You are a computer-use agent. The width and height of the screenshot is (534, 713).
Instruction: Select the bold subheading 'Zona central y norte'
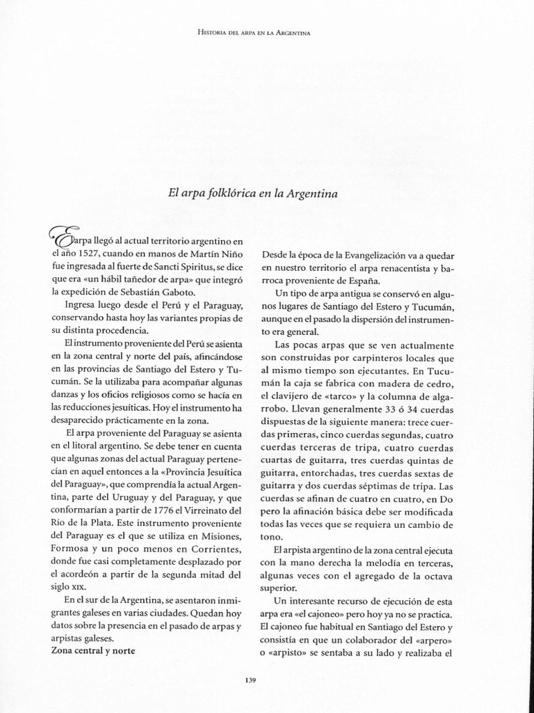tap(93, 650)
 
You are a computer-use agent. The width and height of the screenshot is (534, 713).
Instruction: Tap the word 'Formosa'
tap(71, 549)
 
